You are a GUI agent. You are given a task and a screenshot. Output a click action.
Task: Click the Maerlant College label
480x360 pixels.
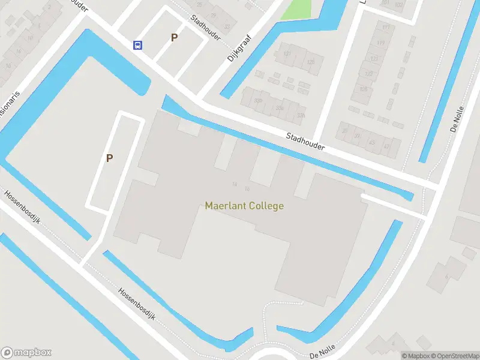(x=244, y=206)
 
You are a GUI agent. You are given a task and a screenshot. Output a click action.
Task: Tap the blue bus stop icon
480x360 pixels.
(x=138, y=45)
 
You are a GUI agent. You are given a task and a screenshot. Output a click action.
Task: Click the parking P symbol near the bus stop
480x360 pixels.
(x=174, y=37)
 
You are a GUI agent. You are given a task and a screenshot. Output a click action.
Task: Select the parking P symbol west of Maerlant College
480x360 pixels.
(x=109, y=158)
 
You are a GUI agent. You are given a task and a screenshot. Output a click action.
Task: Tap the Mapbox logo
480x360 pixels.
(x=26, y=353)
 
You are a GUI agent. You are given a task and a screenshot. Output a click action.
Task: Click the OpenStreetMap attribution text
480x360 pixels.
(x=454, y=355)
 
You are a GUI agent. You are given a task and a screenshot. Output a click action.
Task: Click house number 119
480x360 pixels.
(x=380, y=43)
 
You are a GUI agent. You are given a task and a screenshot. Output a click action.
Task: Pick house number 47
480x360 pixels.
(x=387, y=146)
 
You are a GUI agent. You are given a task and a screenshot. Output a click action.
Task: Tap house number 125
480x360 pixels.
(x=363, y=89)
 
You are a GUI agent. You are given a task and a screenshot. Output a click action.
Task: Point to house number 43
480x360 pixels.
(x=371, y=142)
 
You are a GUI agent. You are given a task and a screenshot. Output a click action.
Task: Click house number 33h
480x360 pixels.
(x=279, y=107)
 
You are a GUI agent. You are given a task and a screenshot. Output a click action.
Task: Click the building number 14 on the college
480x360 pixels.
(x=235, y=184)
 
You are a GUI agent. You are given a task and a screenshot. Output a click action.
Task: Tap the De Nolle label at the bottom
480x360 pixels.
(x=322, y=352)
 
